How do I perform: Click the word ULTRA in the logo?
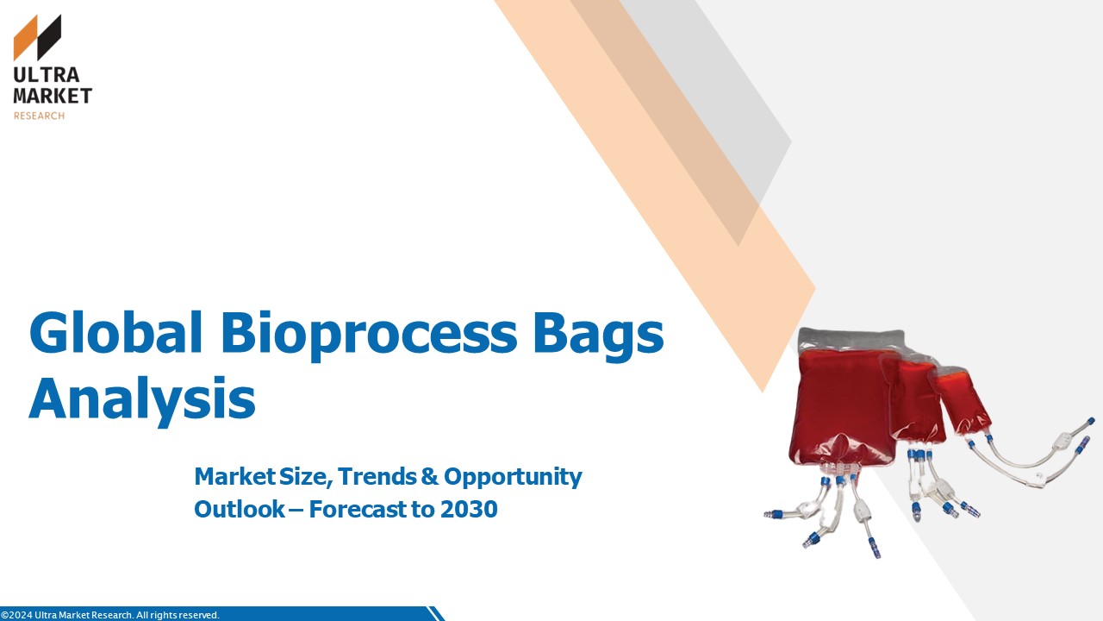[47, 75]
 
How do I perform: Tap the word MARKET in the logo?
[53, 96]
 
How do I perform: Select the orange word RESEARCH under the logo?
[39, 116]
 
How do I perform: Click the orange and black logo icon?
[37, 37]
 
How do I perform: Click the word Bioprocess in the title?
[369, 336]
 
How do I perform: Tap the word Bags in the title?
[599, 336]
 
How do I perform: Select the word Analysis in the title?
[142, 399]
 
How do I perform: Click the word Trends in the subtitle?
[377, 477]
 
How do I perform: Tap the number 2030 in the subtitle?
[469, 510]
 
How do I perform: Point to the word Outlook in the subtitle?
[240, 510]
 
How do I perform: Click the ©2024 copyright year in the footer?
[16, 615]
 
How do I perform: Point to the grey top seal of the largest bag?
[850, 340]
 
